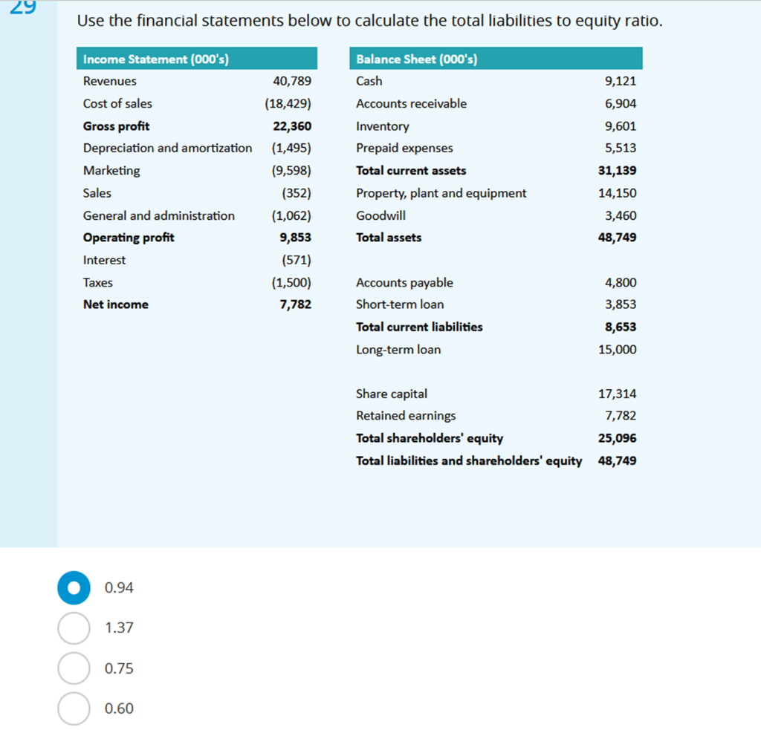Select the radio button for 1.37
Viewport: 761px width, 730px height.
click(74, 628)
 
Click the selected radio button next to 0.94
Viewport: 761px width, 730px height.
click(74, 587)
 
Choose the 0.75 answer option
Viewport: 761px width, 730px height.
click(74, 668)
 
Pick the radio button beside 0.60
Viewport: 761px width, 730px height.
click(74, 708)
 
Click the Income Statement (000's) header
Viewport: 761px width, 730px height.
click(155, 59)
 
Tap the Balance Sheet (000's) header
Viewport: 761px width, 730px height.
click(416, 59)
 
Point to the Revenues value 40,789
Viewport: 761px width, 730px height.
click(292, 81)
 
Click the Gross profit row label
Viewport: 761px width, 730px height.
click(116, 126)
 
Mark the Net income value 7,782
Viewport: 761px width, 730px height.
click(295, 304)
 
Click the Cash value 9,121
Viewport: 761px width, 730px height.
click(621, 81)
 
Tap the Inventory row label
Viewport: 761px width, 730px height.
click(382, 126)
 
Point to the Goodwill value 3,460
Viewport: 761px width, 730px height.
click(621, 215)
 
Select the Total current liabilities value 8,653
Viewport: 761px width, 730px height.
click(621, 327)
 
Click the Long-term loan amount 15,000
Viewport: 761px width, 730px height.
click(617, 349)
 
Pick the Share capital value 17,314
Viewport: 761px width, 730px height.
click(617, 394)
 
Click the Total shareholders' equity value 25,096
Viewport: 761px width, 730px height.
click(617, 438)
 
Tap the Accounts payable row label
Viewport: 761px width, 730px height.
click(404, 282)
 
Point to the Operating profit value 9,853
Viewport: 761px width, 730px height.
click(295, 238)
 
